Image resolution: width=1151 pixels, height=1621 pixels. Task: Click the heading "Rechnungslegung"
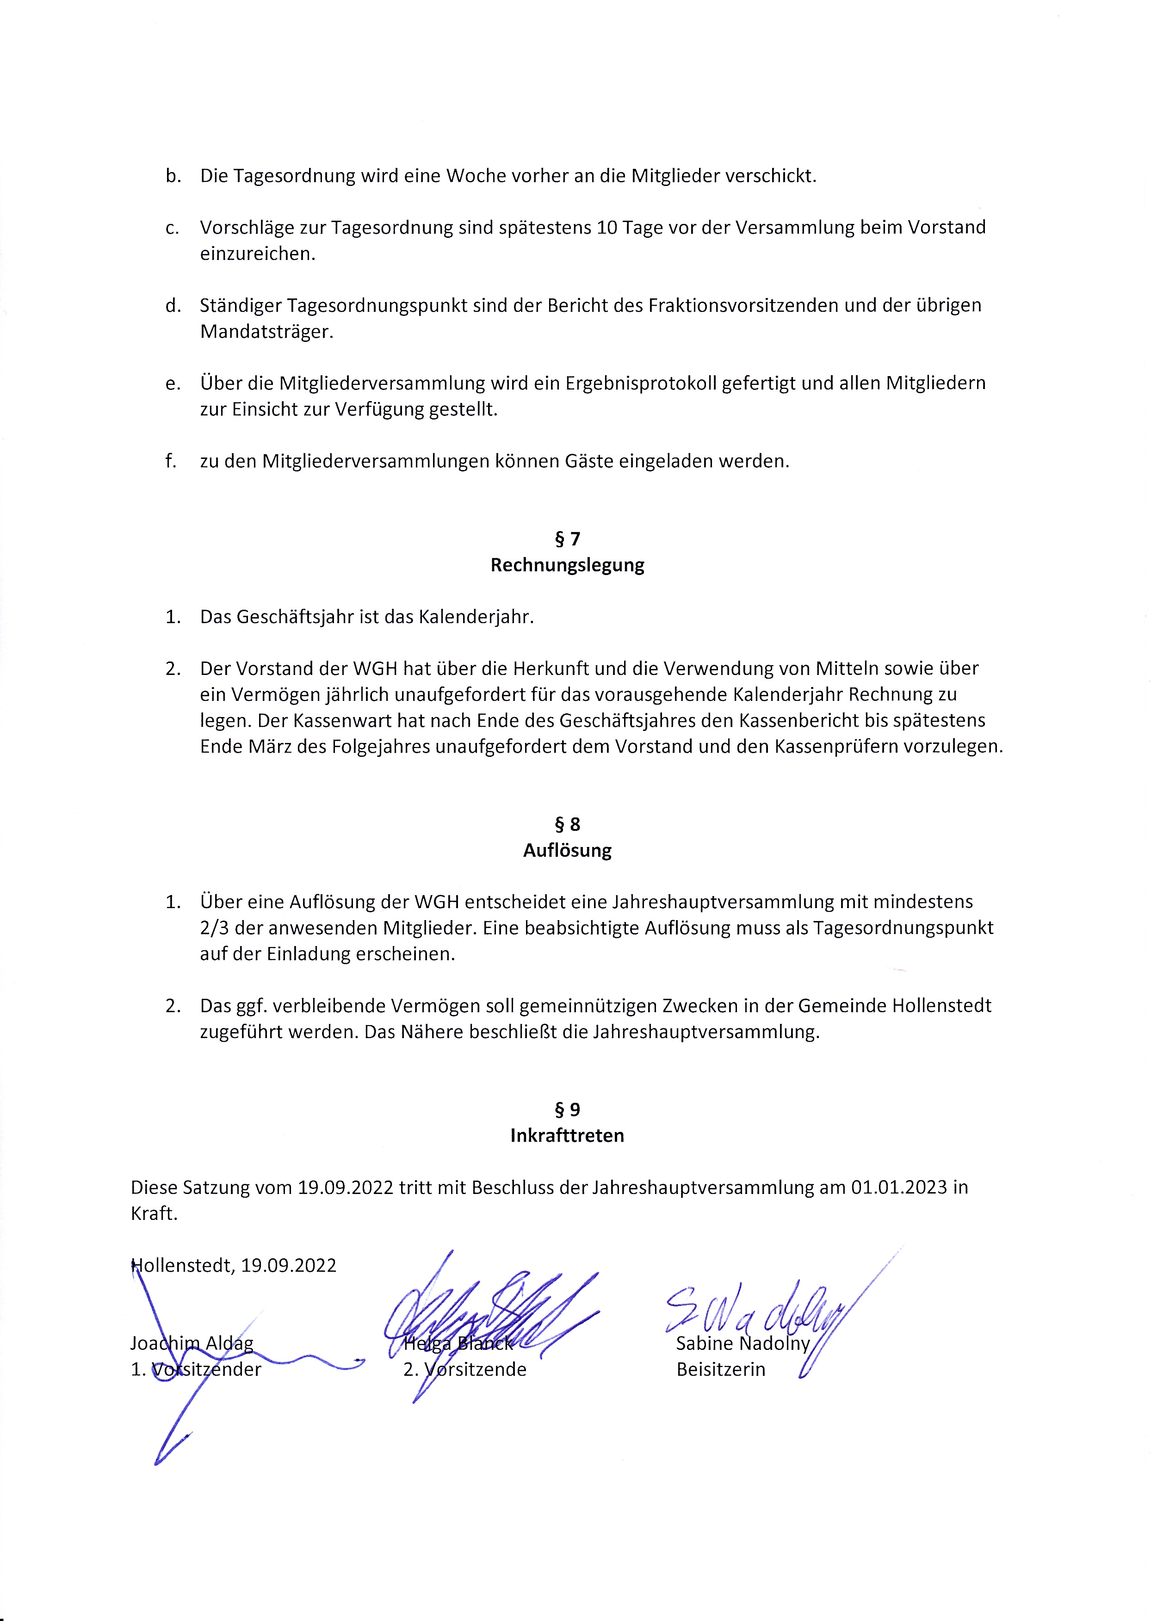point(567,566)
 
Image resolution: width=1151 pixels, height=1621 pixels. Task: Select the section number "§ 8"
point(567,824)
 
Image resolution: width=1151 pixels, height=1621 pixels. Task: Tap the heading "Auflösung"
point(567,851)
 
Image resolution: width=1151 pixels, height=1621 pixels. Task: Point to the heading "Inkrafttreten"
point(567,1135)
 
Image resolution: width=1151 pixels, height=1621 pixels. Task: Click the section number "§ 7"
point(567,539)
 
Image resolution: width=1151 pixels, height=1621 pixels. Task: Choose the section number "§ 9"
point(567,1109)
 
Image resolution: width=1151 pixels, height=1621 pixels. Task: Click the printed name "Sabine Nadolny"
point(742,1343)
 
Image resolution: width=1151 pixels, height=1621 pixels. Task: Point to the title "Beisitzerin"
point(720,1369)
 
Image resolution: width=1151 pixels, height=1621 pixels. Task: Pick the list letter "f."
point(171,461)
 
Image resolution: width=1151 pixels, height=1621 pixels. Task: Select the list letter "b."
point(173,176)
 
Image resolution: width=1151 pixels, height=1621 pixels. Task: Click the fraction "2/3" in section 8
point(214,928)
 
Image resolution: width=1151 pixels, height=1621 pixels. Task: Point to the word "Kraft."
point(154,1213)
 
